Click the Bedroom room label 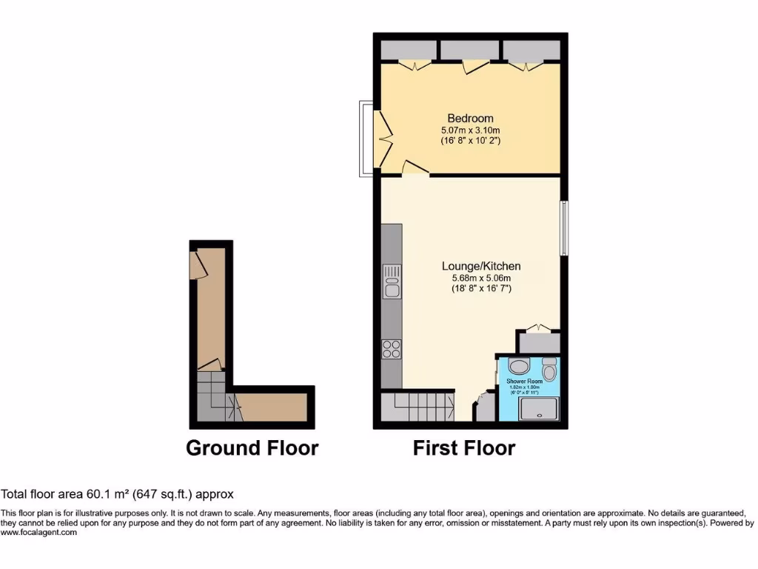point(470,119)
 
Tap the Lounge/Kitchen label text point(481,266)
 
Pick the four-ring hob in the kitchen point(392,347)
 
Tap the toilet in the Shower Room point(549,368)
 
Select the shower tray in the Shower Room point(539,408)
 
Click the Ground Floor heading point(252,448)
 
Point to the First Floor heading point(464,448)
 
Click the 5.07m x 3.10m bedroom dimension point(470,130)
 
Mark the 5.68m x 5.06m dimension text point(481,278)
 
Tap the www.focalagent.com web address point(38,532)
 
